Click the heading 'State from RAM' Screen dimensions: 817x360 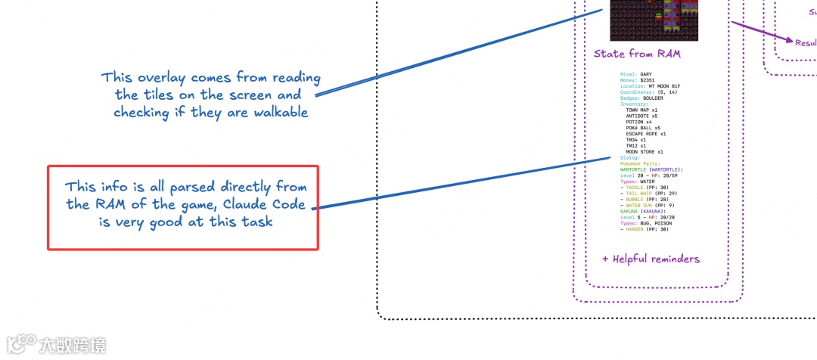pos(637,54)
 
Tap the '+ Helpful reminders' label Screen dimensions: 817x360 pos(651,259)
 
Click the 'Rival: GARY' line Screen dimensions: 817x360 pos(635,75)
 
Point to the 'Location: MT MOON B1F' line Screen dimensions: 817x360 pos(650,87)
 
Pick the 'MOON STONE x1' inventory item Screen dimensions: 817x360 pos(645,151)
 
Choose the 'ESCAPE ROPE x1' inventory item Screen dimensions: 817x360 pos(646,134)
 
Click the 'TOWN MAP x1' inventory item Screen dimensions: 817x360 pos(641,110)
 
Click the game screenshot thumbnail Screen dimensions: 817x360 pos(654,20)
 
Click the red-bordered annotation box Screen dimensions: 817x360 pos(184,208)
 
